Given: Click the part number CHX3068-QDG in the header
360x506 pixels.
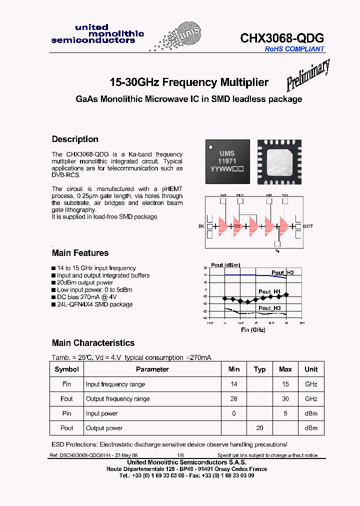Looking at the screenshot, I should click(282, 38).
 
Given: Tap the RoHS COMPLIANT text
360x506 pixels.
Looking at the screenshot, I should click(294, 49).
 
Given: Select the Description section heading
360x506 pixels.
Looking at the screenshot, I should click(75, 139).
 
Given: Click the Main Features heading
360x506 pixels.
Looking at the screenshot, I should click(80, 253).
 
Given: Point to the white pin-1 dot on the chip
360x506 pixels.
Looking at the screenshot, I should click(211, 145).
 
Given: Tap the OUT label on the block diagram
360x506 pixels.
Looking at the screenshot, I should click(308, 226).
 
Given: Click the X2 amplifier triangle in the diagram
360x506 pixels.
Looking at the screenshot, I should click(237, 226).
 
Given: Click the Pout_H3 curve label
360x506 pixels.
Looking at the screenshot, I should click(269, 308).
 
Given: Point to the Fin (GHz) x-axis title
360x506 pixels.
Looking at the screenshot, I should click(253, 330).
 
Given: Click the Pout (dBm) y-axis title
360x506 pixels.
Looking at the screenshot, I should click(225, 265).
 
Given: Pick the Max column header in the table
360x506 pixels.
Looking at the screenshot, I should click(285, 369).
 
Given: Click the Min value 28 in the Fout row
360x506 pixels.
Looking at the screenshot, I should click(234, 398).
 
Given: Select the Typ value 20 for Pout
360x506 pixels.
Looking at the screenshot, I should click(259, 428).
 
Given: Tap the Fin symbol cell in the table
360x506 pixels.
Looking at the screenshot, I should click(66, 384).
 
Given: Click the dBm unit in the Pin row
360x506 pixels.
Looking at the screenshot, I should click(311, 413).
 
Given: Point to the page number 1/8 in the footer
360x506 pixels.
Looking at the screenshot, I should click(180, 455).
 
